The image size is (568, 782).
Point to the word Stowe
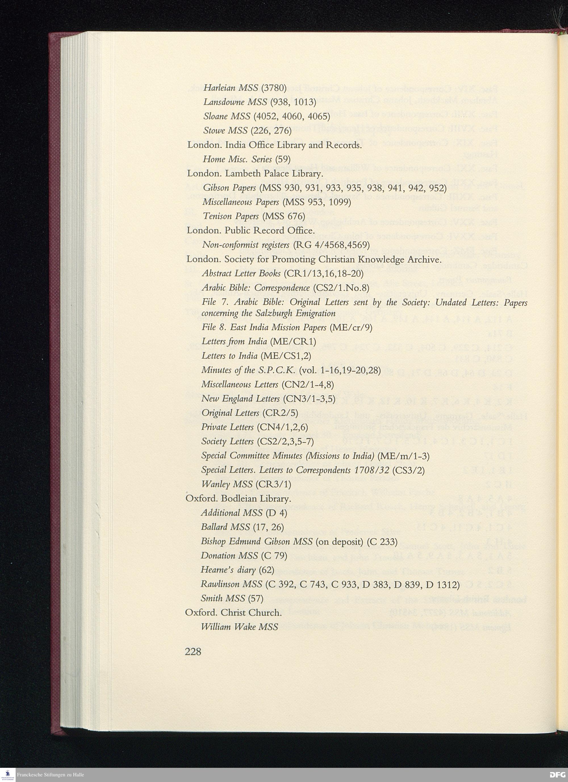(213, 131)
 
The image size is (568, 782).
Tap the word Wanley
(216, 484)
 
